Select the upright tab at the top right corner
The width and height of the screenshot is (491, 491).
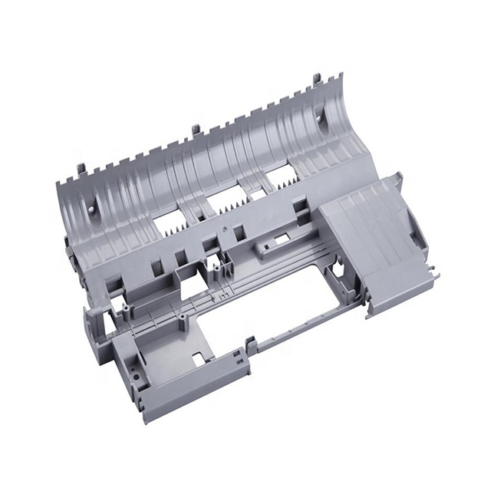point(317,81)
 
